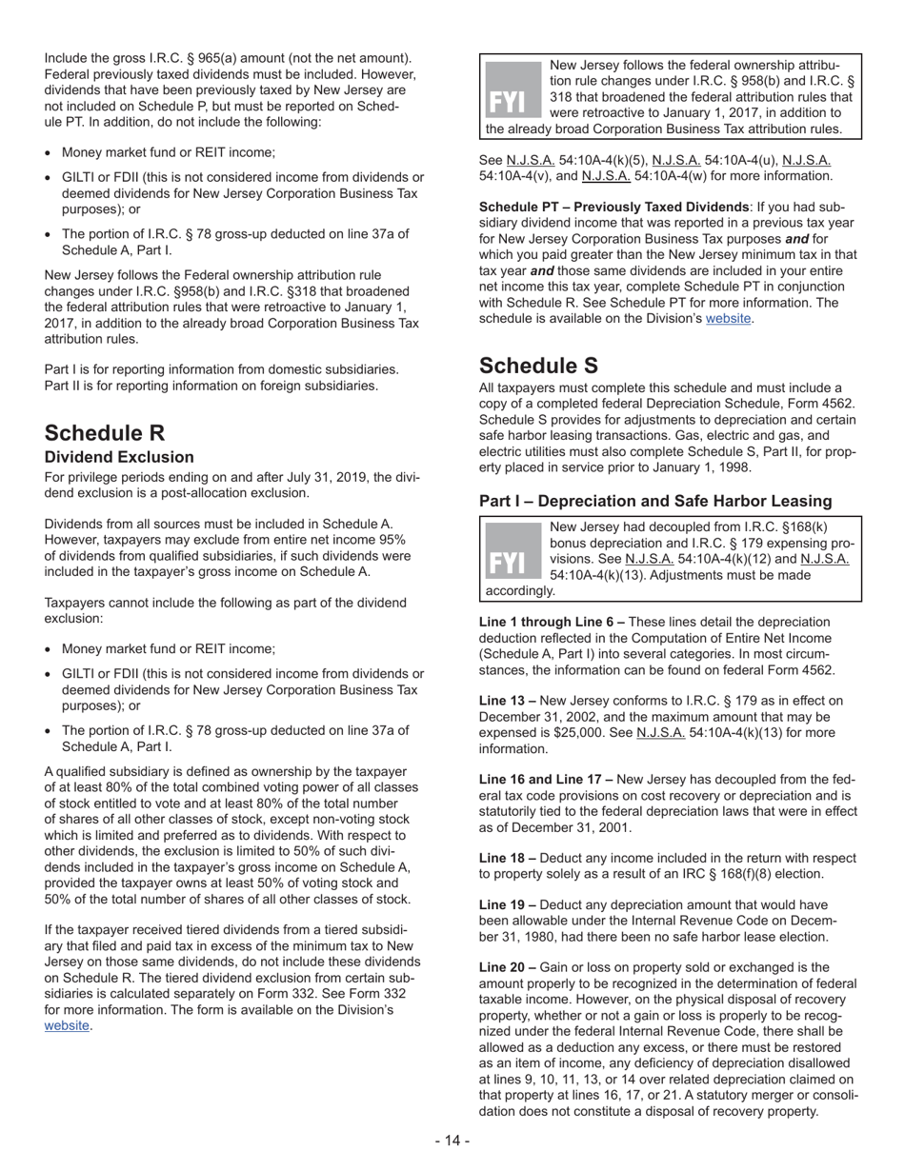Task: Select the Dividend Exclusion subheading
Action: (119, 457)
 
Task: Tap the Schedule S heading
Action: (539, 365)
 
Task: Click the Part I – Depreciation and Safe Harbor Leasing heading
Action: (655, 501)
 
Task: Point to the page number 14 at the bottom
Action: (452, 1141)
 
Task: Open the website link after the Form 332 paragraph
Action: (67, 1025)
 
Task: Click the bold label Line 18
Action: (507, 858)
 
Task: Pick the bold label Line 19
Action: (507, 904)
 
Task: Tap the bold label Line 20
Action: (507, 966)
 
